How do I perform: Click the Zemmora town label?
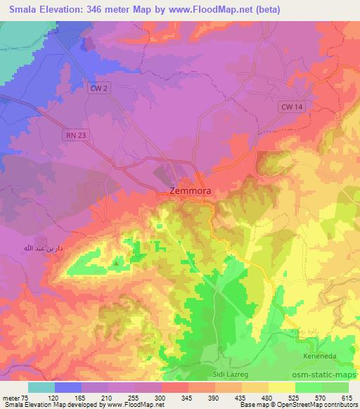point(190,190)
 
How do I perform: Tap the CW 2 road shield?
point(100,89)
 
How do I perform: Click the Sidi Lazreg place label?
point(231,376)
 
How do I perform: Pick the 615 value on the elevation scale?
point(346,397)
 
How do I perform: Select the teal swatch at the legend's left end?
point(41,387)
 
